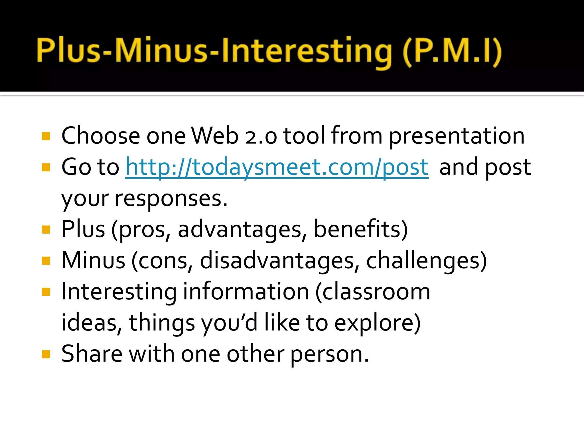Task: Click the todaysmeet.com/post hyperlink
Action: coord(277,167)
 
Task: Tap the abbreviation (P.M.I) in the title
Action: coord(452,51)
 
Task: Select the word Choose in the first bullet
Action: coord(100,136)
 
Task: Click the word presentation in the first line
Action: coord(457,137)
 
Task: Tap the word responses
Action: coord(171,199)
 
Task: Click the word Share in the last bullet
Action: coord(92,354)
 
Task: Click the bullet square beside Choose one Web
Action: coord(46,136)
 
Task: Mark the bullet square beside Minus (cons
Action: coord(46,261)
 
